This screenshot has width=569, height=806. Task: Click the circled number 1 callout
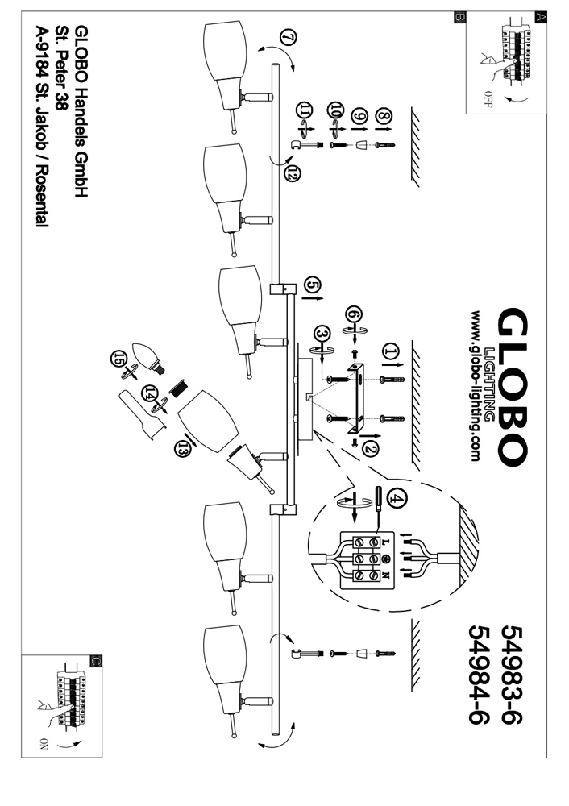391,351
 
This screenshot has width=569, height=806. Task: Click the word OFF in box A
488,101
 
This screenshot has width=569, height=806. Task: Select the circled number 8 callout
384,118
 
